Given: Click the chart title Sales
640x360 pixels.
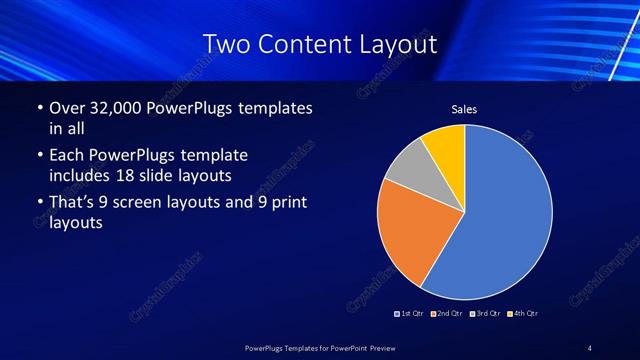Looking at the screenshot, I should tap(464, 109).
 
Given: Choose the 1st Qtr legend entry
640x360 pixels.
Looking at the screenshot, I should tap(409, 314).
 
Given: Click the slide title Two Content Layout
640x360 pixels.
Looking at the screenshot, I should tap(320, 43).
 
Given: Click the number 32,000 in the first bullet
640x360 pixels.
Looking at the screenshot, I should tap(113, 107).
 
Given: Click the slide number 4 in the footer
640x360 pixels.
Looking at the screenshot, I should tap(590, 347).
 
